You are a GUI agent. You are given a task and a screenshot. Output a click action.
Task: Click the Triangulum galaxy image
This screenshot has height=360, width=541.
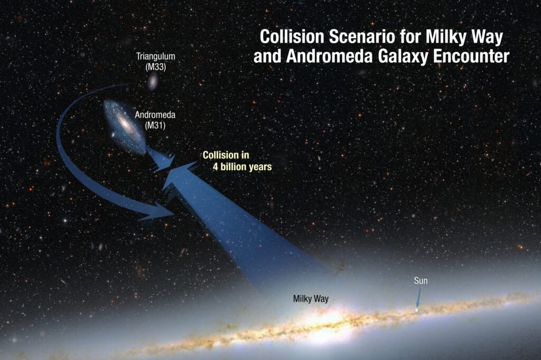click(x=153, y=82)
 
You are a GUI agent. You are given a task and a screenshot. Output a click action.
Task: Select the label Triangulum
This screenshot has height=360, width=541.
click(x=155, y=56)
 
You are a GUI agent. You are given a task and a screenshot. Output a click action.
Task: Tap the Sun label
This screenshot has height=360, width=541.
click(x=421, y=281)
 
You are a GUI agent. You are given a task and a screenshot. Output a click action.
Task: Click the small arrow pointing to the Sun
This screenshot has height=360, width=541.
click(x=418, y=301)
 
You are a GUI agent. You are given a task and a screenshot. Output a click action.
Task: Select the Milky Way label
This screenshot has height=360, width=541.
click(x=311, y=299)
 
